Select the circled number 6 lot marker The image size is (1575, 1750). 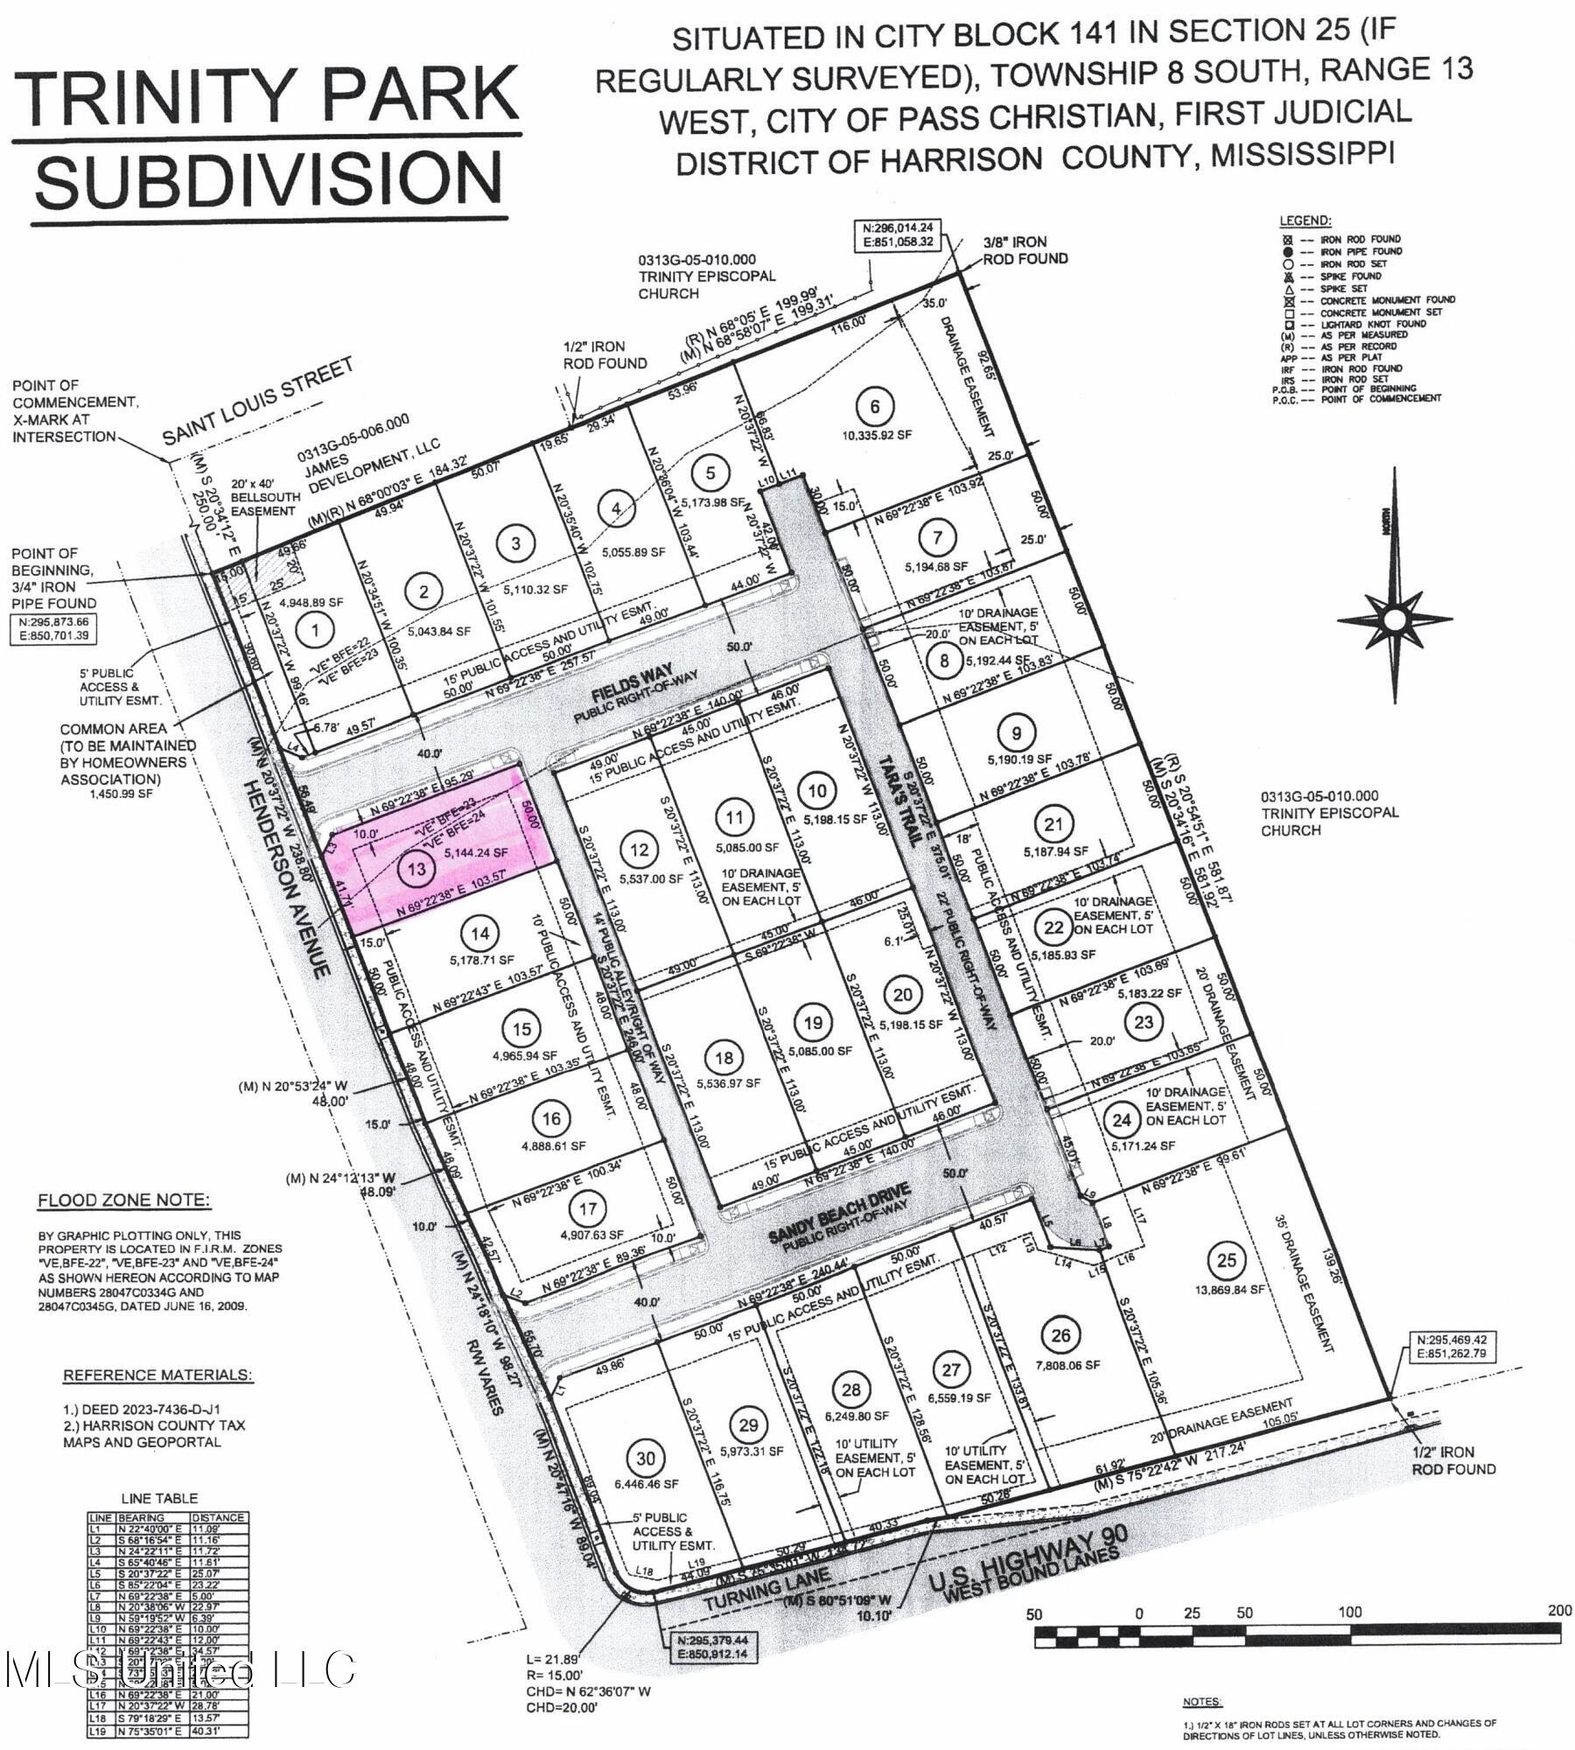pos(875,405)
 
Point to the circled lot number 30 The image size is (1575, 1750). pos(645,1458)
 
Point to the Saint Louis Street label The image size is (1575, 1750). pos(258,406)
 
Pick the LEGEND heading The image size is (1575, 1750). pos(1305,220)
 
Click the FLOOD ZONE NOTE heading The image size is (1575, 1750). pos(123,1200)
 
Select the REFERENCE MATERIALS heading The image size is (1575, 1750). pos(157,1375)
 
